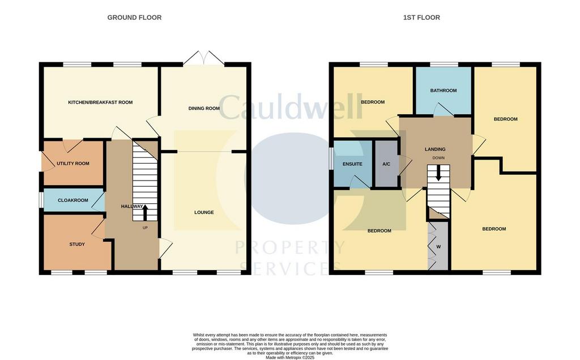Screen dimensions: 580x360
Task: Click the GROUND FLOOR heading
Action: click(x=134, y=18)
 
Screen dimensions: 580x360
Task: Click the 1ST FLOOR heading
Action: click(x=421, y=18)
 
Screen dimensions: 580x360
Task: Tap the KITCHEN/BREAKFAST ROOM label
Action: click(x=100, y=102)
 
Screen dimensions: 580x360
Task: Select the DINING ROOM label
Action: click(x=204, y=108)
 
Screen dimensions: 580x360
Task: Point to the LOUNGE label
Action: click(x=204, y=212)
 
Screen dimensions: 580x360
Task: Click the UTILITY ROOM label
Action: click(x=73, y=164)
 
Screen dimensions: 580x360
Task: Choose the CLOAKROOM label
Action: click(x=73, y=200)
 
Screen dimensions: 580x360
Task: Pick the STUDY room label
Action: click(x=77, y=244)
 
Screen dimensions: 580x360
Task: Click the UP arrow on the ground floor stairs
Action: click(x=144, y=212)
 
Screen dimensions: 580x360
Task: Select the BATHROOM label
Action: click(x=443, y=91)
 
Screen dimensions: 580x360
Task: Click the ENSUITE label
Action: click(x=352, y=164)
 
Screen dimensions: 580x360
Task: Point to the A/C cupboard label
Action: click(x=386, y=164)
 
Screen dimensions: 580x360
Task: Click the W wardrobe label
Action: click(x=439, y=247)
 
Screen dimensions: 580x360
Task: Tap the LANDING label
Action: click(x=435, y=149)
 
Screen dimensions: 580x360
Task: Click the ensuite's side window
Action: click(x=331, y=159)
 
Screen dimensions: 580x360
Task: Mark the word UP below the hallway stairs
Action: click(x=145, y=228)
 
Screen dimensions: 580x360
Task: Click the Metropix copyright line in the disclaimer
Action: click(x=290, y=357)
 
